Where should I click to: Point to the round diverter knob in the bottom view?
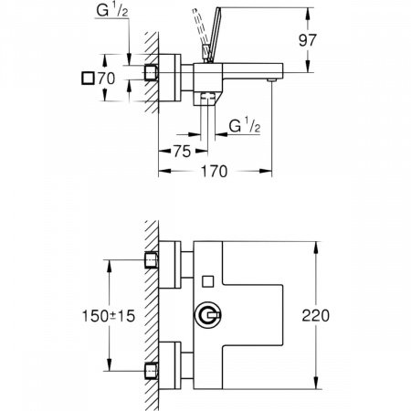[207, 316]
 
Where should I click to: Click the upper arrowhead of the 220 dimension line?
[316, 246]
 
